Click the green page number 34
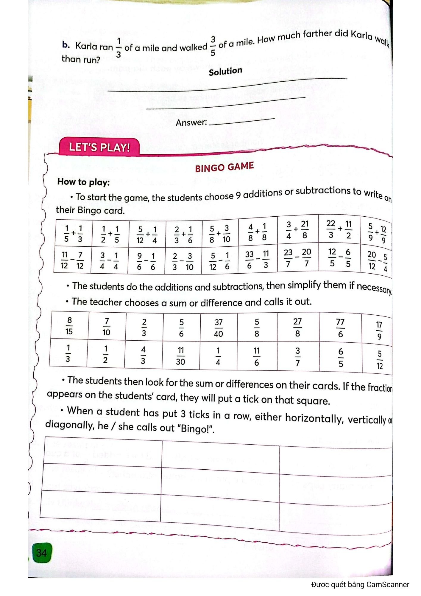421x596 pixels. click(x=41, y=553)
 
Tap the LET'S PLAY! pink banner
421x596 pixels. click(x=99, y=147)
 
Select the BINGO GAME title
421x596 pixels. click(x=224, y=167)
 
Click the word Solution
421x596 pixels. click(x=225, y=72)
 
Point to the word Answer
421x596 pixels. click(x=191, y=122)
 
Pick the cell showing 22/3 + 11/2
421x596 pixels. click(x=339, y=229)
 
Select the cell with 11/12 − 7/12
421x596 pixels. click(x=72, y=260)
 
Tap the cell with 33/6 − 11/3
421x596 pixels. click(x=258, y=259)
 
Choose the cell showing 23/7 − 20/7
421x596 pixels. click(x=297, y=257)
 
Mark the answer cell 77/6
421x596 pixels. click(x=340, y=328)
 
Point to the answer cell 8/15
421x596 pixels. click(x=69, y=326)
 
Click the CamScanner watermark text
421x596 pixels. click(x=360, y=584)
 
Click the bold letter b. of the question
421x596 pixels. click(x=66, y=45)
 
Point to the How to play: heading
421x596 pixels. click(x=83, y=182)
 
